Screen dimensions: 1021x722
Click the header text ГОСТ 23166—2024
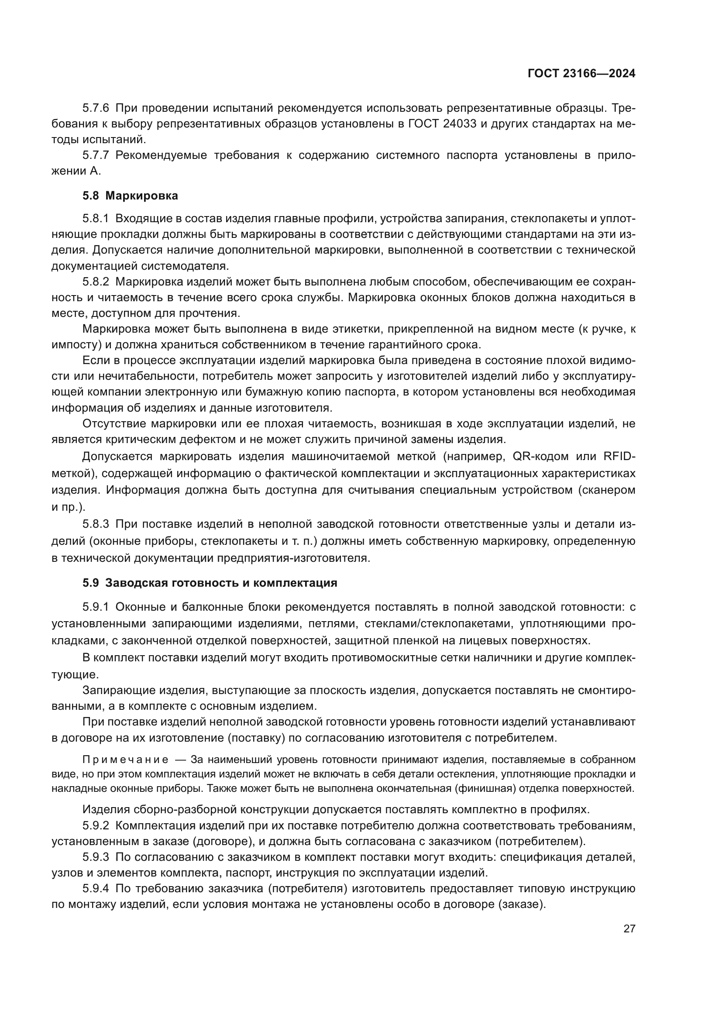click(581, 74)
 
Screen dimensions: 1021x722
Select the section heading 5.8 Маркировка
click(130, 196)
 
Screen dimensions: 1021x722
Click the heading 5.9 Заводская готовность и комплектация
click(210, 583)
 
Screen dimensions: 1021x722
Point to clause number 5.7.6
click(96, 108)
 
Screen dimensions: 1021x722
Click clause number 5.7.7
click(96, 155)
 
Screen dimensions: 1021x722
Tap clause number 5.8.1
click(96, 218)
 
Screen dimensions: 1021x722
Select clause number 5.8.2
click(96, 282)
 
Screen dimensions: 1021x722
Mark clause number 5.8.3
click(96, 524)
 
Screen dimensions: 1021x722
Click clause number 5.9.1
click(96, 607)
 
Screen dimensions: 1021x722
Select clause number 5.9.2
click(96, 825)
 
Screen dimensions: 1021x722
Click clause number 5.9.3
click(96, 856)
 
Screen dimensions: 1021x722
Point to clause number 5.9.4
click(96, 888)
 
